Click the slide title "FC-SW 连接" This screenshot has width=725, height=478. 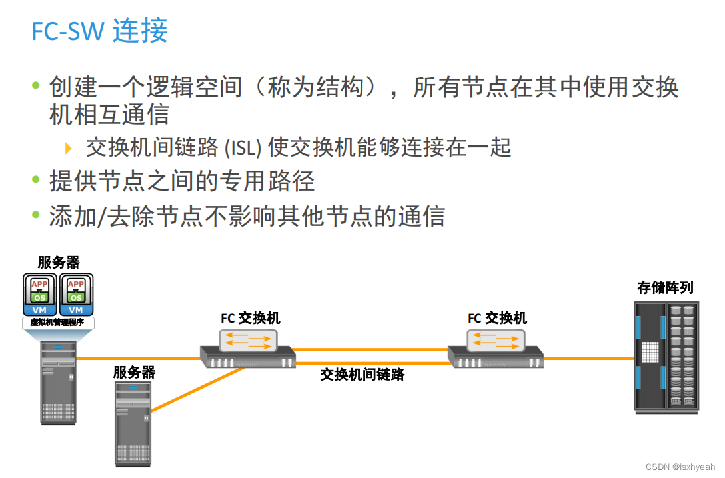(x=100, y=31)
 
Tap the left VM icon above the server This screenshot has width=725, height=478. (x=40, y=295)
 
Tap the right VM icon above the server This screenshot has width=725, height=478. (x=76, y=295)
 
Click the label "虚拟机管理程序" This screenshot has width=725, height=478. (x=58, y=323)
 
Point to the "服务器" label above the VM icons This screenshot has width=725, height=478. (x=59, y=263)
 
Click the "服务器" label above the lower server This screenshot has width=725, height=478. (x=134, y=372)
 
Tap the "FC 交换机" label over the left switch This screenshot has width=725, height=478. (x=251, y=318)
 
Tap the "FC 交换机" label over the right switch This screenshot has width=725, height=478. (x=497, y=318)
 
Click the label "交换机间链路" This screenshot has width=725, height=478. (x=362, y=375)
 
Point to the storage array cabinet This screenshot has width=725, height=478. (x=666, y=357)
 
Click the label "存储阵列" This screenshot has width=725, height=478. (x=665, y=287)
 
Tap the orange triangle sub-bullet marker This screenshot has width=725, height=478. (x=68, y=147)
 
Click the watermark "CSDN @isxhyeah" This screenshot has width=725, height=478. (x=679, y=467)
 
